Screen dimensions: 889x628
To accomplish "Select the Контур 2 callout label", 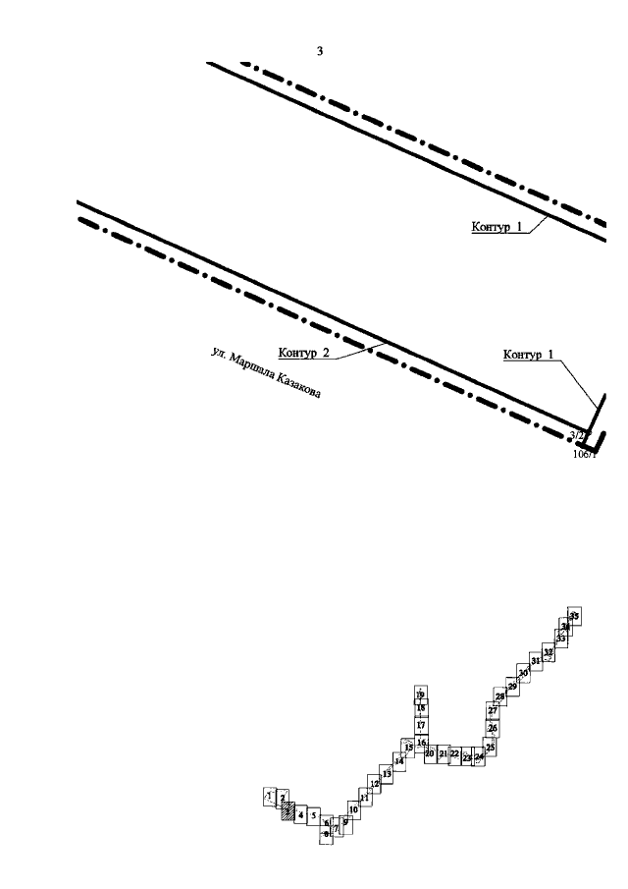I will [x=303, y=354].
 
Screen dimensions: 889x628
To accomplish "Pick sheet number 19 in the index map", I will [x=420, y=695].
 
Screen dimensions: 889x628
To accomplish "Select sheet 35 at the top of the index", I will [x=575, y=615].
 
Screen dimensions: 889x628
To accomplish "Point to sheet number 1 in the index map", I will [x=268, y=795].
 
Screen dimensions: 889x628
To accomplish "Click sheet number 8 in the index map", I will [x=327, y=834].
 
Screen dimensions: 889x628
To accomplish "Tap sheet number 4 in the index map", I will [x=301, y=814].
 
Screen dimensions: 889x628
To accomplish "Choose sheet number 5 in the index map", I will [x=314, y=815].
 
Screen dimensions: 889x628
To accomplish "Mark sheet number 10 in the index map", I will [x=353, y=809].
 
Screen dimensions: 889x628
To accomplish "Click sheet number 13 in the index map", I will [x=388, y=774].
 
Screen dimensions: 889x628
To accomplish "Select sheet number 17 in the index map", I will [x=420, y=725].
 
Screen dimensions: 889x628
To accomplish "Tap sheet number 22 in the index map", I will [x=454, y=754].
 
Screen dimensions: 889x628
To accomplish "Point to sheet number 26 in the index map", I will [x=493, y=728].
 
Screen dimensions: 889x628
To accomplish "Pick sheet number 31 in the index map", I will [x=536, y=661].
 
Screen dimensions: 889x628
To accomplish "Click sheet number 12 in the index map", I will [x=375, y=785].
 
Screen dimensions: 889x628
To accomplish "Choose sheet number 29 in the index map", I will [x=512, y=686].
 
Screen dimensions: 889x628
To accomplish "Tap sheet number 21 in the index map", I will [x=443, y=754].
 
